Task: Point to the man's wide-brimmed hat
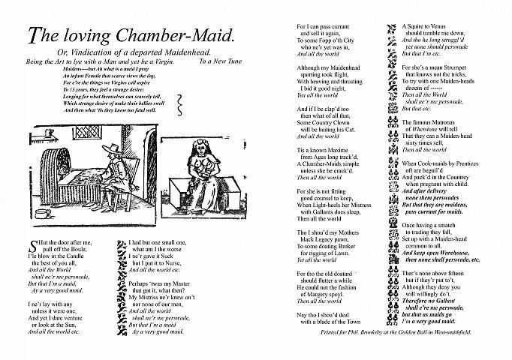click(117, 146)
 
